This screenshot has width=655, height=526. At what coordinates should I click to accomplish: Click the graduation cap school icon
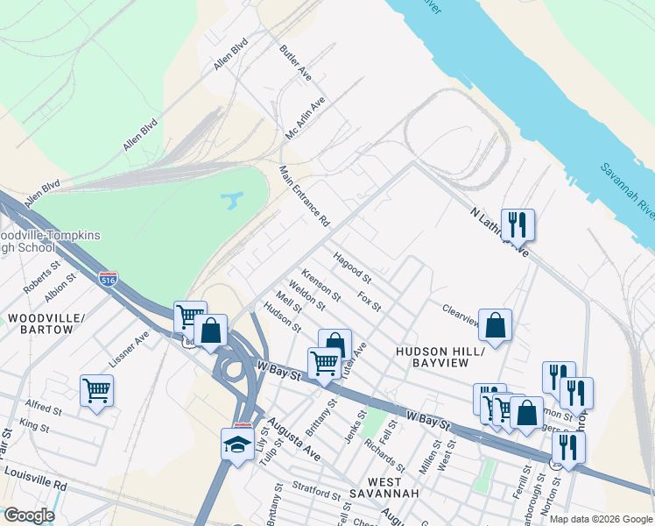coord(237,444)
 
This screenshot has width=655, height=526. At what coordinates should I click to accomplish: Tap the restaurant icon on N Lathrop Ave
coord(518,225)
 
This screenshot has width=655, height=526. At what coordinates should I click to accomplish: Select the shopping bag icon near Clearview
coord(495,326)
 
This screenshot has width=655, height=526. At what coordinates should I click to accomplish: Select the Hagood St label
coord(352,268)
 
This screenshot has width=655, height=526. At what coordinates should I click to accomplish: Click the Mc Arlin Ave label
coord(306,118)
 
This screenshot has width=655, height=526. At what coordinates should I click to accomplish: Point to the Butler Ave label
coord(296,60)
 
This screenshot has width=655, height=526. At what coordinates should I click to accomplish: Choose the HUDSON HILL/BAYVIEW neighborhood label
coord(440,356)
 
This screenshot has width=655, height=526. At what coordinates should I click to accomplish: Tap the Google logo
coord(29,515)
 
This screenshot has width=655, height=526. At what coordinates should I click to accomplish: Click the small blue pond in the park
coord(231,202)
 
